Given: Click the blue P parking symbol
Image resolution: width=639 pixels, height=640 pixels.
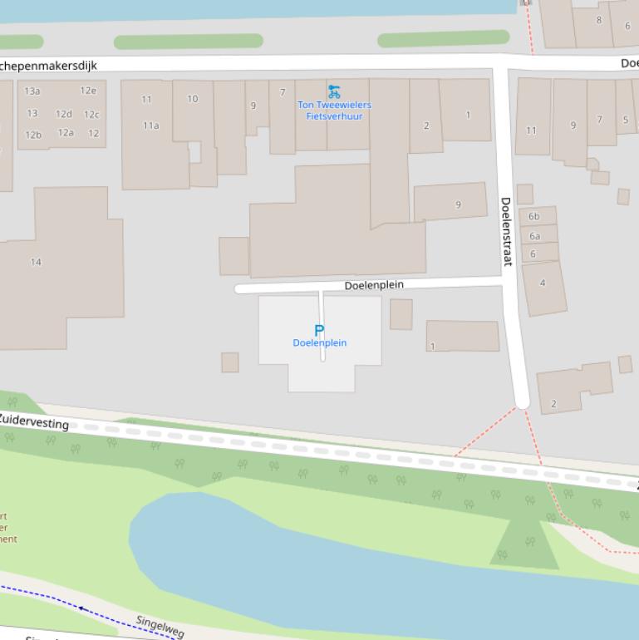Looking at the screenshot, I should pyautogui.click(x=319, y=331).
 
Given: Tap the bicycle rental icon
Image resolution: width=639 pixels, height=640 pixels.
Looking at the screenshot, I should pyautogui.click(x=334, y=91).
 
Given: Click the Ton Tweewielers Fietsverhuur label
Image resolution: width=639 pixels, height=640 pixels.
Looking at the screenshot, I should pyautogui.click(x=335, y=111).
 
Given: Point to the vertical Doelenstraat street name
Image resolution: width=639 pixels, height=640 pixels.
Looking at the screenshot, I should pyautogui.click(x=505, y=231).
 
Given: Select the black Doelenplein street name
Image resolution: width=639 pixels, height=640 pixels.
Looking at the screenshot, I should pyautogui.click(x=374, y=285).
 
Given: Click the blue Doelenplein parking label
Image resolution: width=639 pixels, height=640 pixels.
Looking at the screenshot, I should pyautogui.click(x=320, y=343).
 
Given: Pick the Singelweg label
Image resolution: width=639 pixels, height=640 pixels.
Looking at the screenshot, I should pyautogui.click(x=160, y=627).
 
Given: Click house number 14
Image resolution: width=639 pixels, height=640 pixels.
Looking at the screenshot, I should pyautogui.click(x=36, y=262).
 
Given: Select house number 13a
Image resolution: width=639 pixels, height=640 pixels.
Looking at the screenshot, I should pyautogui.click(x=32, y=91).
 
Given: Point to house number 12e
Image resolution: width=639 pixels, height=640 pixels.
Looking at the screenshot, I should pyautogui.click(x=88, y=91).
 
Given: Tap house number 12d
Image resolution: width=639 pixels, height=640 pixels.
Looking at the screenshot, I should pyautogui.click(x=64, y=114).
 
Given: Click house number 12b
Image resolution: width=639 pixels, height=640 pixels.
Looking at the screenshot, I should pyautogui.click(x=33, y=135).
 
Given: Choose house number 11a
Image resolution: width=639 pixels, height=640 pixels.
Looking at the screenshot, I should pyautogui.click(x=150, y=126).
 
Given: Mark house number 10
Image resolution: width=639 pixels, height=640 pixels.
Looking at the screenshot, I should pyautogui.click(x=193, y=99).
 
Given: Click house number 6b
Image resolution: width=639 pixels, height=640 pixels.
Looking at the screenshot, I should pyautogui.click(x=534, y=217).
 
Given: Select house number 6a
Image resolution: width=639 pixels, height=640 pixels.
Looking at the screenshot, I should pyautogui.click(x=534, y=236).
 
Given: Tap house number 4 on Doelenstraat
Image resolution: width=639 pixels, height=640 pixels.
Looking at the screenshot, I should pyautogui.click(x=543, y=283).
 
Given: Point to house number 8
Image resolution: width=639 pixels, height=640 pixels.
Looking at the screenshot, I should pyautogui.click(x=599, y=20).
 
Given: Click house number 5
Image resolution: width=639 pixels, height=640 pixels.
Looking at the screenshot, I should pyautogui.click(x=626, y=120).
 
